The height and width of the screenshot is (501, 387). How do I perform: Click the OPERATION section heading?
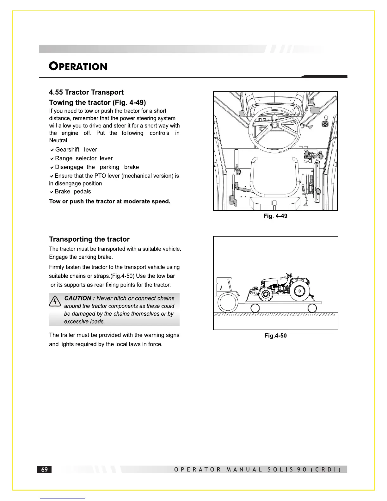[x=78, y=66]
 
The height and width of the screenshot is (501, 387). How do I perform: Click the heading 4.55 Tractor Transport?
[x=86, y=92]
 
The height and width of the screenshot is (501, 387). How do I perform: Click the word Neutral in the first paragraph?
[x=58, y=140]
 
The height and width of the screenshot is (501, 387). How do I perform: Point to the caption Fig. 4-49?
[x=275, y=216]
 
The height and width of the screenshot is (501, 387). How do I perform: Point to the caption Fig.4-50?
[x=275, y=336]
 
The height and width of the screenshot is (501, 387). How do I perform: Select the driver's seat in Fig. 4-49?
[x=275, y=177]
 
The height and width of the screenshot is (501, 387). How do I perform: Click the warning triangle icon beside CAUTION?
[x=55, y=301]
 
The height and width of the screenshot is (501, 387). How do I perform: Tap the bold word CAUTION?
[x=78, y=298]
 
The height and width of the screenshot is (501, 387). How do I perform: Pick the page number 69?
[x=45, y=469]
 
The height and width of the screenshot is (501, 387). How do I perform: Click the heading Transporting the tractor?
[x=89, y=239]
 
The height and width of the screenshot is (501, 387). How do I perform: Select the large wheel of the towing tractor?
[x=228, y=303]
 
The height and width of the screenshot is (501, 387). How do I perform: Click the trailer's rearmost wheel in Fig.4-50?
[x=312, y=308]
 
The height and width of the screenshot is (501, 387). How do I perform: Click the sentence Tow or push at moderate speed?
[x=110, y=201]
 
